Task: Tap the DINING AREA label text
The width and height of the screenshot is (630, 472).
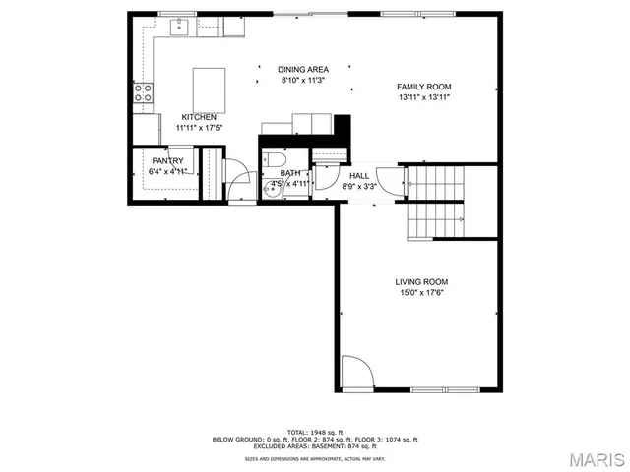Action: coord(303,69)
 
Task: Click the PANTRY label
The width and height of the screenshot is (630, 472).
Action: coord(167,161)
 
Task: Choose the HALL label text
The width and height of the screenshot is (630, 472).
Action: coord(358,175)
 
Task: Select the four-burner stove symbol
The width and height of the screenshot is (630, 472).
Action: coord(144,93)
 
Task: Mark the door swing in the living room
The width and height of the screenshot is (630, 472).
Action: coord(356,372)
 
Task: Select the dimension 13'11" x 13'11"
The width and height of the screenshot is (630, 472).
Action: coord(424,97)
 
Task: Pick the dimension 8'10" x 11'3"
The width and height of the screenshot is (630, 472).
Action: coord(303,80)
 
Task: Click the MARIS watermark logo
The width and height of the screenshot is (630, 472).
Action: coord(594,459)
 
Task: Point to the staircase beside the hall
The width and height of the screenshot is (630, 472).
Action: coord(436,203)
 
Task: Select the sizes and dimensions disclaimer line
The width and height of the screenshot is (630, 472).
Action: coord(315,457)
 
